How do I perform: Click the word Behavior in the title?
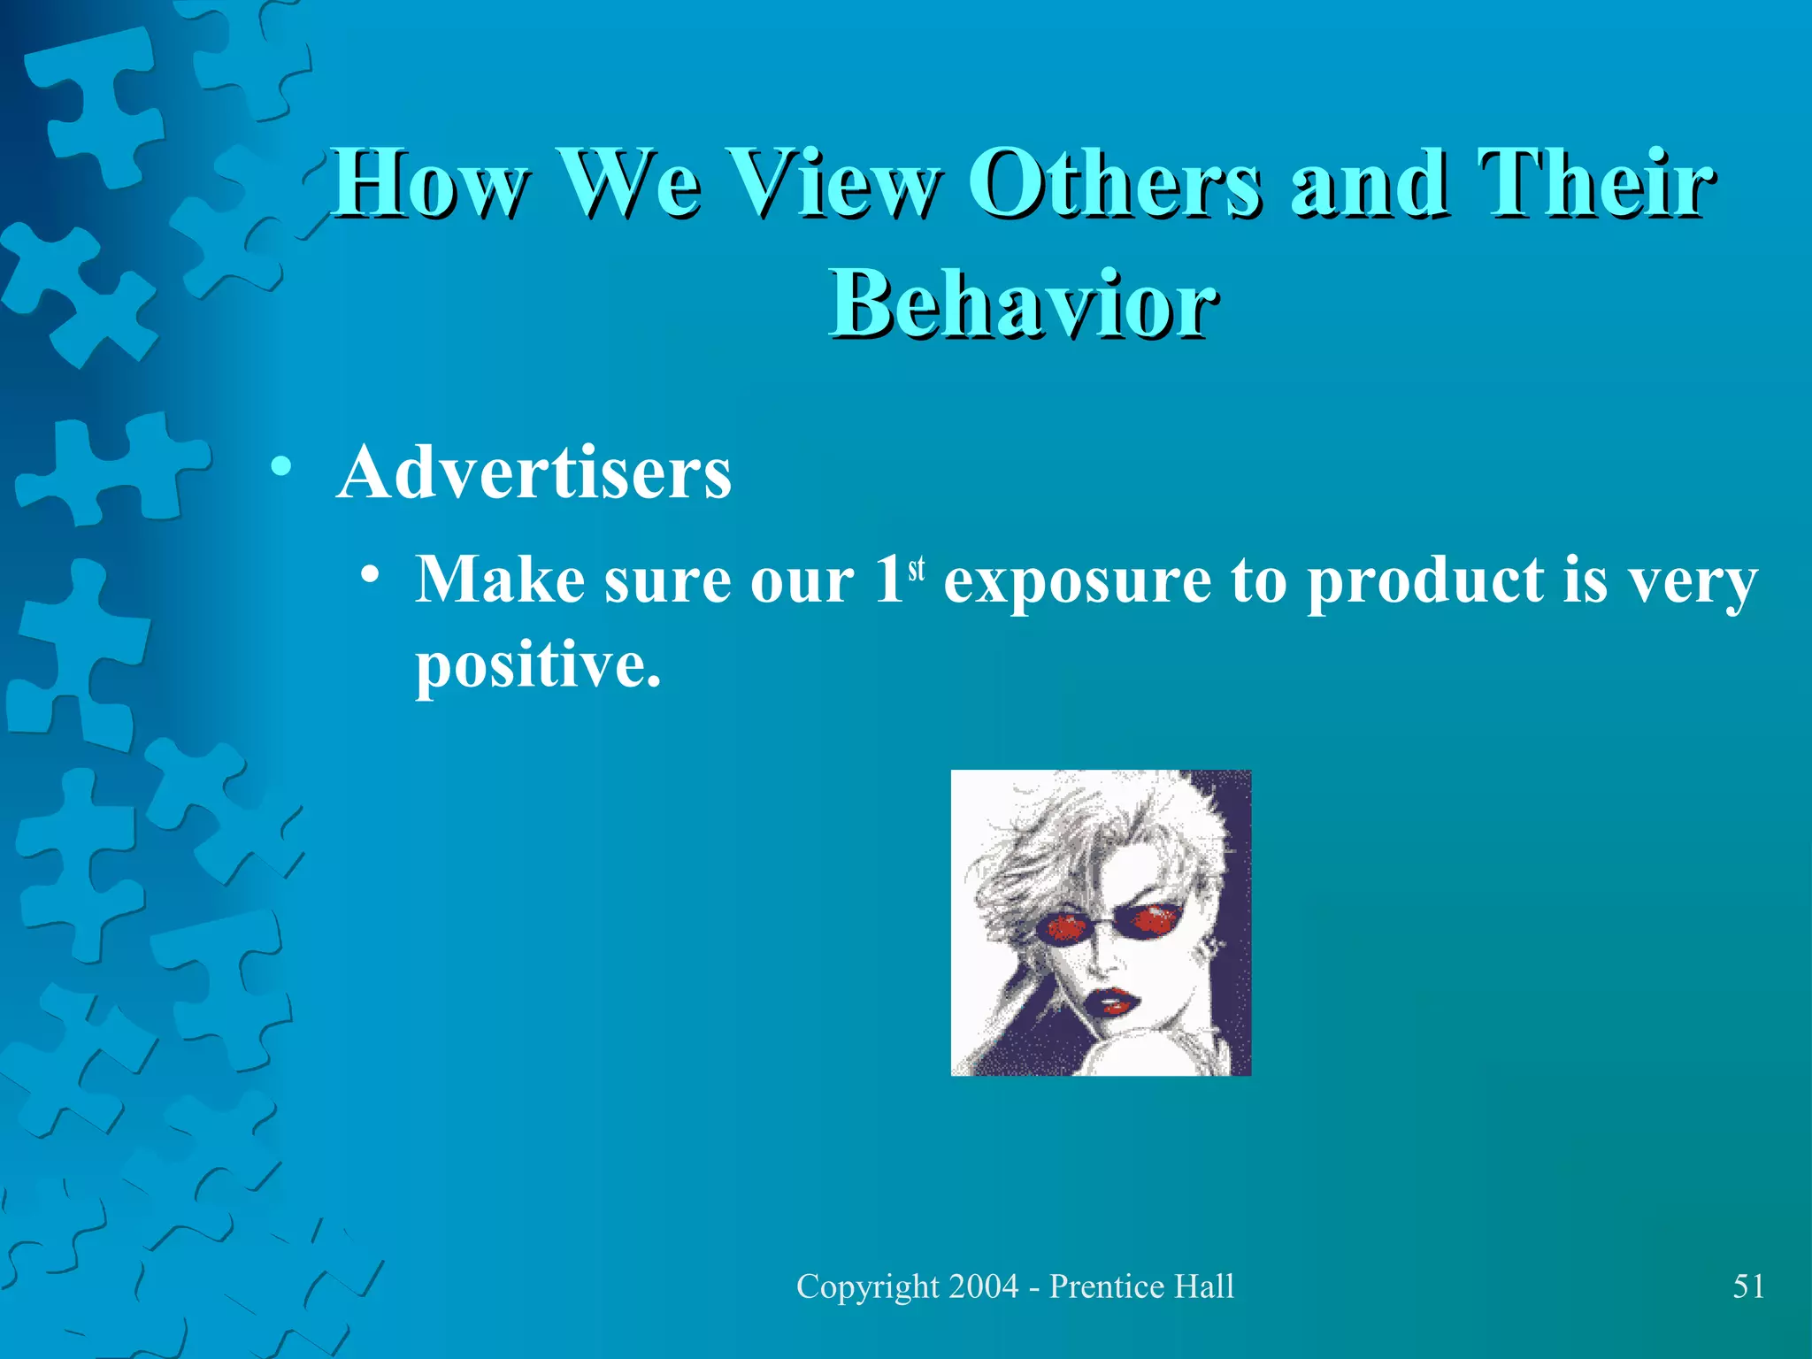[x=1023, y=303]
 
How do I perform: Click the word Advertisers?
[x=534, y=472]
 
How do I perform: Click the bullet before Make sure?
[x=371, y=577]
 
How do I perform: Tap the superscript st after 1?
[x=916, y=568]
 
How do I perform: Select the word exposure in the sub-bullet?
[x=1077, y=582]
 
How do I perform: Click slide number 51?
[x=1748, y=1286]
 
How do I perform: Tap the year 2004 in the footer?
[x=983, y=1286]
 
